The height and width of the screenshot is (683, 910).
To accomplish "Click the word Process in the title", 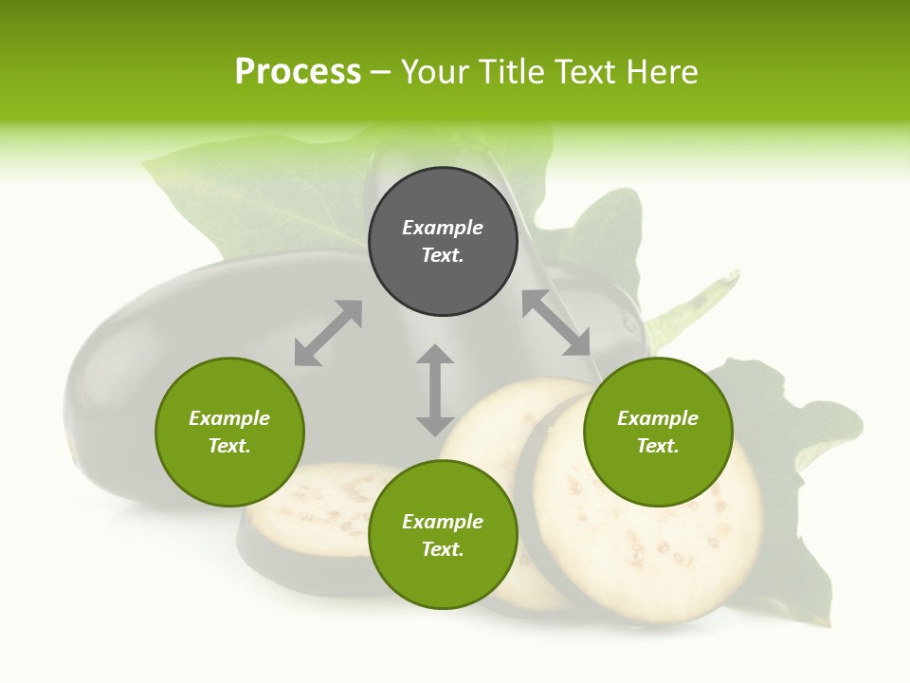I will coord(298,72).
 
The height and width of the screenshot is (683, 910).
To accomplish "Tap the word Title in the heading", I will coord(508,72).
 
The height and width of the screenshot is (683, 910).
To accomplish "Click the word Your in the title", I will coord(435,72).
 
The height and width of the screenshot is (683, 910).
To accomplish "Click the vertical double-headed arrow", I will coord(435,390).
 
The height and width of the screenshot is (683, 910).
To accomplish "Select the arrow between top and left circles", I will coord(328,333).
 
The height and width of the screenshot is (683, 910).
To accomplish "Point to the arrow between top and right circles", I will coord(555,323).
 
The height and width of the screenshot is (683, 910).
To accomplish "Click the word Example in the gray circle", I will coord(443,228).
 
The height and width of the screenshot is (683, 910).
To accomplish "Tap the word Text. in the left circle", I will coord(229,446).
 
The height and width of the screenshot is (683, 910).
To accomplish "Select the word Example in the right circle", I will coord(658,418).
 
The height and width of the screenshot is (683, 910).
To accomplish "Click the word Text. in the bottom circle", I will coord(443,549).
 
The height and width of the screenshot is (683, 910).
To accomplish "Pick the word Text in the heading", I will coord(588,72).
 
